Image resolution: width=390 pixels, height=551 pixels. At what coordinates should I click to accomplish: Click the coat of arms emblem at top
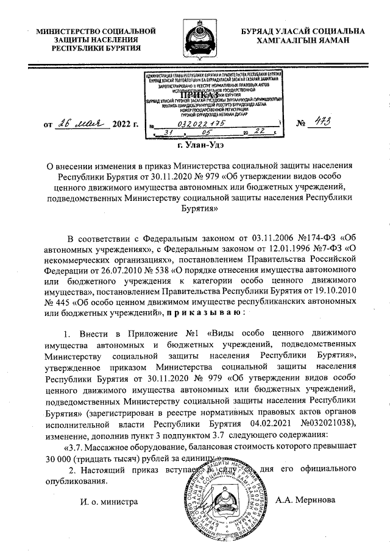195,37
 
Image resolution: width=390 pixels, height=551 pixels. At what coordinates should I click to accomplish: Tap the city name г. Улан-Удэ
195,146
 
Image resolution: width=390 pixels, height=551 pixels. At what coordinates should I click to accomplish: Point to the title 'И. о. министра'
105,501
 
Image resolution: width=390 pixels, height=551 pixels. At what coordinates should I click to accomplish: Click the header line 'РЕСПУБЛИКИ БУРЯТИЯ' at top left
95,47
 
